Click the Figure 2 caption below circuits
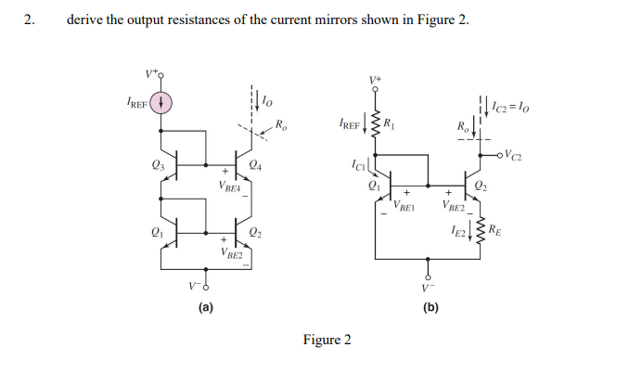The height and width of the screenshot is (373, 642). tap(327, 340)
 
